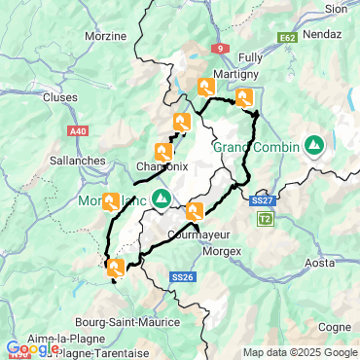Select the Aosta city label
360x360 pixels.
click(321, 264)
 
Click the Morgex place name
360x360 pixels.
click(221, 249)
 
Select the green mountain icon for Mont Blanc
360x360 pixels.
click(162, 198)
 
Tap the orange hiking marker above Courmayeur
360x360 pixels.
click(195, 210)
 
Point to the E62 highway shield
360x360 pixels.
click(287, 37)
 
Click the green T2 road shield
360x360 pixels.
click(265, 219)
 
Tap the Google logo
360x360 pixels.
click(31, 348)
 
